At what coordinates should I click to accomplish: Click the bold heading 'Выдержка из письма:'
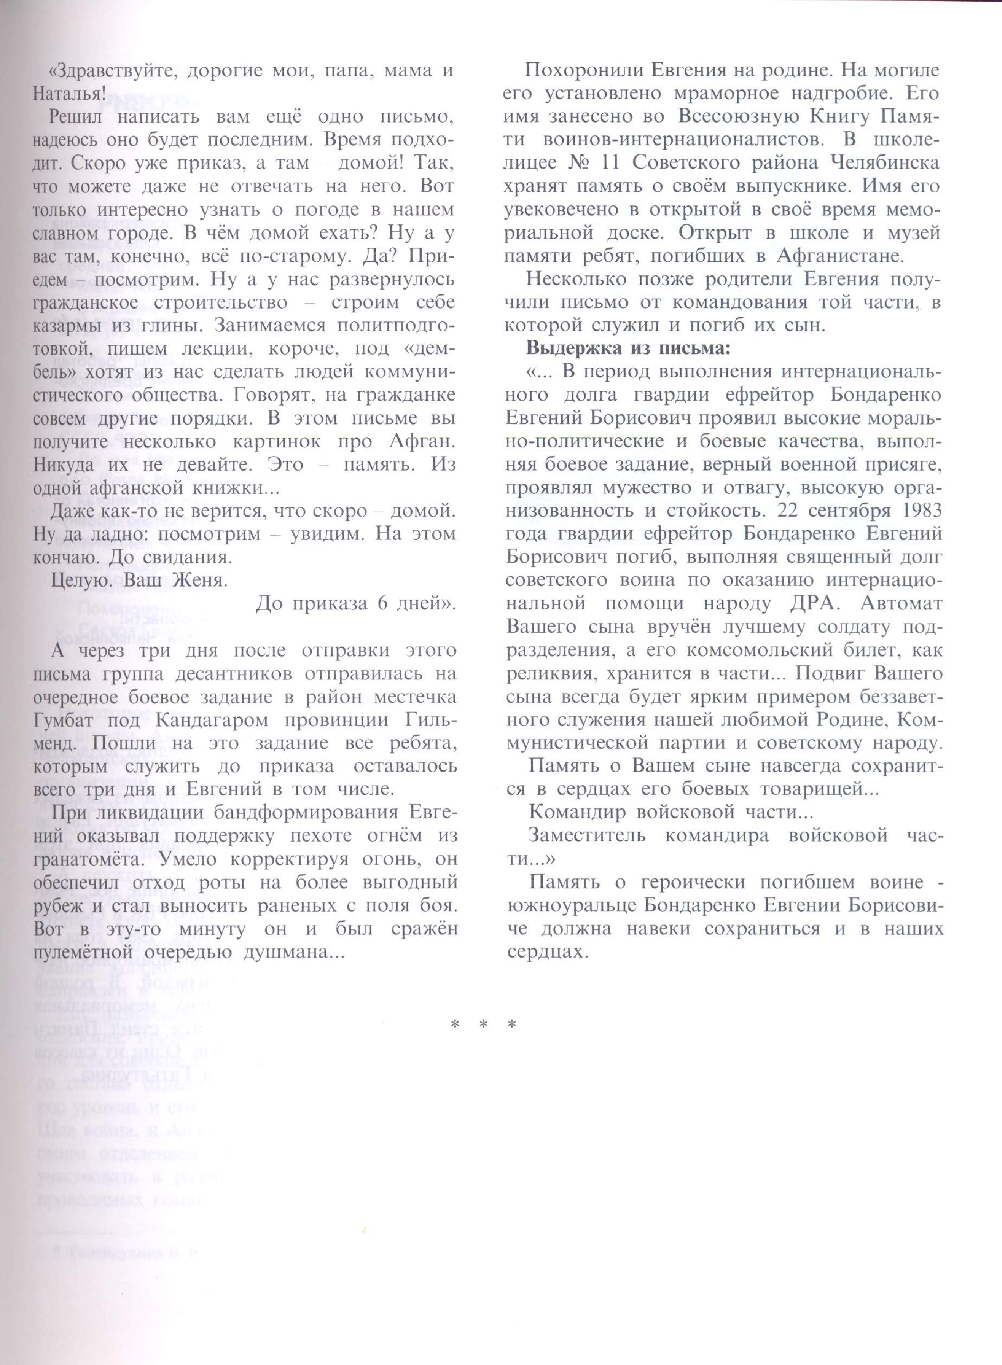coord(628,349)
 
